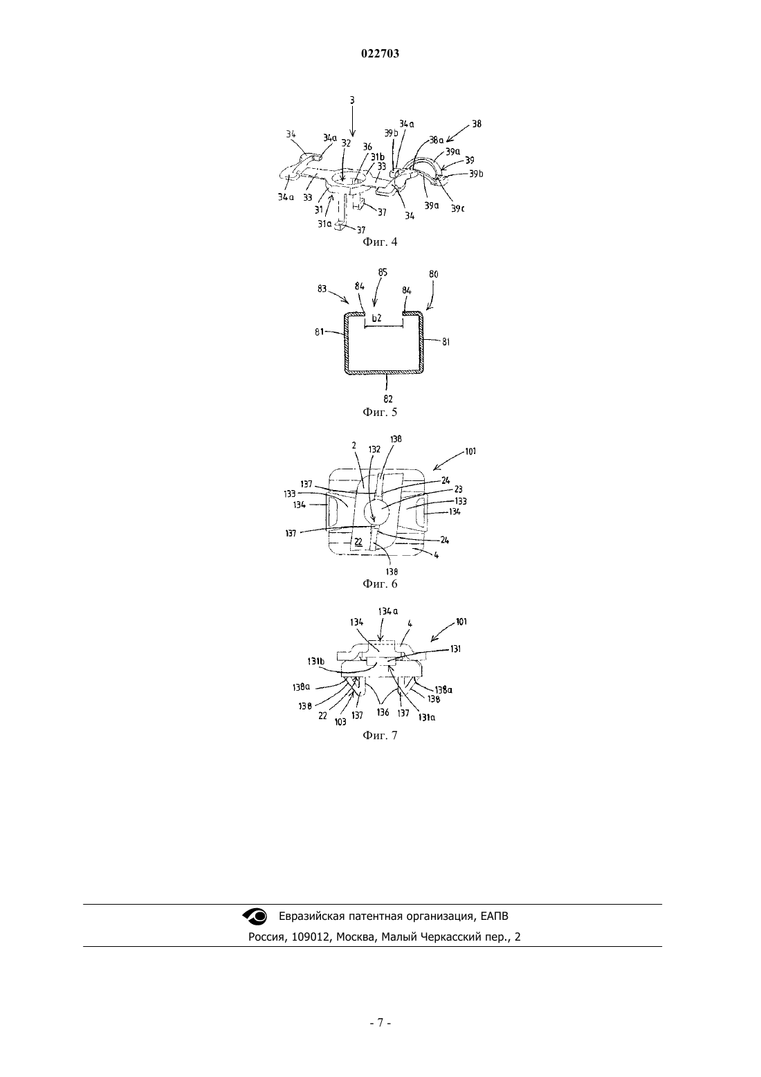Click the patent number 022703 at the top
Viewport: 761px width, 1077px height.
point(380,54)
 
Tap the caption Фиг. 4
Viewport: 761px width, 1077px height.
point(380,242)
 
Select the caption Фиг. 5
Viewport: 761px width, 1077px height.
point(380,412)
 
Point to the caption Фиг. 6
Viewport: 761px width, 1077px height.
point(380,583)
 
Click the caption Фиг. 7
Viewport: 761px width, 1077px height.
point(380,735)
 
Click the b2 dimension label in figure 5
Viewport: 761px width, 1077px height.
point(377,318)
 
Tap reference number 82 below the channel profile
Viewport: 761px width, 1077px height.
point(388,399)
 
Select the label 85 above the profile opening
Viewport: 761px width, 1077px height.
point(383,273)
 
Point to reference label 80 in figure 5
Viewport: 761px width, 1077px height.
point(433,275)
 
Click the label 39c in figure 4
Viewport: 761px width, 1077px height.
point(457,208)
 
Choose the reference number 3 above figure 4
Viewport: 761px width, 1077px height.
point(352,100)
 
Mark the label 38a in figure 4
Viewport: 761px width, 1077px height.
point(437,141)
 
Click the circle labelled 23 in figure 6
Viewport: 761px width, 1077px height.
point(376,511)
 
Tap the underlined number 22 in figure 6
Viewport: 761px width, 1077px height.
point(358,541)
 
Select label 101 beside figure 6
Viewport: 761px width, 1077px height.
point(470,451)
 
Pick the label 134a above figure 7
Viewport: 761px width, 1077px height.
point(388,612)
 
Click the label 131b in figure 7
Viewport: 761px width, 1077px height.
point(315,661)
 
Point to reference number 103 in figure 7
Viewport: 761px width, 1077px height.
point(340,722)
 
